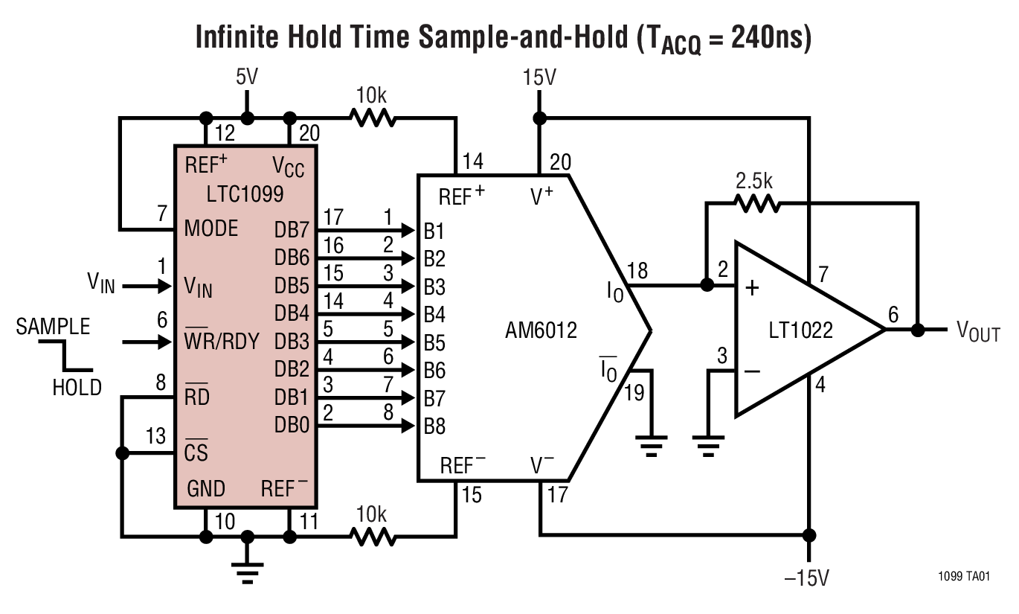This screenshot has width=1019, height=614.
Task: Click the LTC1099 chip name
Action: point(235,195)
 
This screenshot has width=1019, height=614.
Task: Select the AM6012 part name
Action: point(541,330)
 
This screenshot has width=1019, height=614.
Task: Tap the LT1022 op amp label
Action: point(801,329)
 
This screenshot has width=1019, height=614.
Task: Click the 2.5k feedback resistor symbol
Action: point(756,202)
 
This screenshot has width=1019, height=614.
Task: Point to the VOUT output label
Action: point(977,332)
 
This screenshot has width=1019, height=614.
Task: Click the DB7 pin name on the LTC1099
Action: point(292,230)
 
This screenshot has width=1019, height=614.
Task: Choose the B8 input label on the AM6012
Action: point(434,426)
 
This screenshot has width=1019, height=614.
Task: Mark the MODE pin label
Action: point(212,228)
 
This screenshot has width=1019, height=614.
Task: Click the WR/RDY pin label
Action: point(222,342)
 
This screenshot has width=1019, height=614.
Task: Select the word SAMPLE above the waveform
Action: point(53,327)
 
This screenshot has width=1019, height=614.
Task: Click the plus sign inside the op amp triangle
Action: point(752,287)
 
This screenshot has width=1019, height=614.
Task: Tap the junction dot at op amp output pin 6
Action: point(918,330)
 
